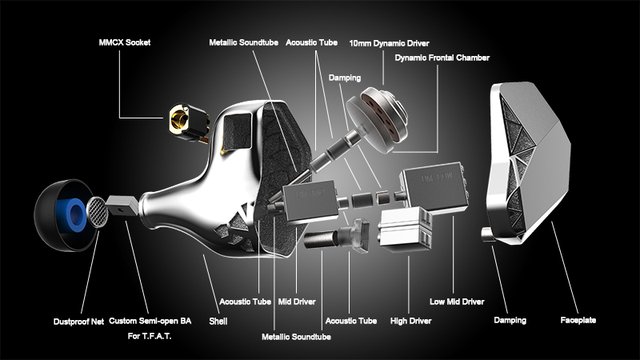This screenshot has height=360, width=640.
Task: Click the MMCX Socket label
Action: tap(124, 42)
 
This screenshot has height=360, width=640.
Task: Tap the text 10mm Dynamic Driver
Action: tap(389, 43)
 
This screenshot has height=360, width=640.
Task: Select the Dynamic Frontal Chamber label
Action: tap(442, 58)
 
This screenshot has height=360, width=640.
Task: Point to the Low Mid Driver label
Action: tap(457, 302)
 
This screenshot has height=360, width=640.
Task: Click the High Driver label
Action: tap(411, 321)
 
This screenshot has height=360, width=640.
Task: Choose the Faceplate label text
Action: tap(578, 320)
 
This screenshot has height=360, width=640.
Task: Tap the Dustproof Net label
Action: tap(78, 322)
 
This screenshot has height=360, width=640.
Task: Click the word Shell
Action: tap(218, 321)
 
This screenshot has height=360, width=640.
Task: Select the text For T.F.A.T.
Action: tap(149, 336)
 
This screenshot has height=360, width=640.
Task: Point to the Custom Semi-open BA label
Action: tap(150, 321)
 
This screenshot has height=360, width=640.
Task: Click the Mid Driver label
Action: tap(297, 302)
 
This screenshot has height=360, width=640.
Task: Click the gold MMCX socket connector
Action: tap(189, 123)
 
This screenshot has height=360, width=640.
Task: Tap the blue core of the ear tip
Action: tap(74, 215)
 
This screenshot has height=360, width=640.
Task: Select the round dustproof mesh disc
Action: tap(98, 212)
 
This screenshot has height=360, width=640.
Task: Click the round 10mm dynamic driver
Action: tap(378, 119)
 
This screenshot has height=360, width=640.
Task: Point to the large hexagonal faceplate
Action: tap(529, 162)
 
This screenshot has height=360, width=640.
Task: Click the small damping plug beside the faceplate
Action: tap(488, 235)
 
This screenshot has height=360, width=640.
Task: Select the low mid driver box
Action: tap(434, 187)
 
